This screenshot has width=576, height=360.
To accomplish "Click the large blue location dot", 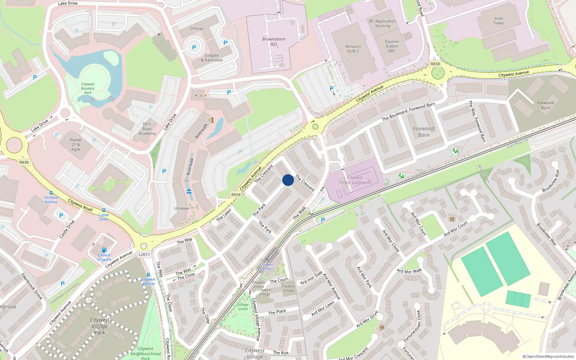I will point(288,180).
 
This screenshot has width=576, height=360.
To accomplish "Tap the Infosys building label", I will point(197,28).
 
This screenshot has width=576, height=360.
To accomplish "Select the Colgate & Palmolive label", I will point(212,58).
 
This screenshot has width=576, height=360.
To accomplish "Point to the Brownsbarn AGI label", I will point(274,41).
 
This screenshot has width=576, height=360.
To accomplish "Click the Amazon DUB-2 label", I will point(353,49).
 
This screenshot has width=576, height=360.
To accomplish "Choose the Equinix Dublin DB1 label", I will point(392,46).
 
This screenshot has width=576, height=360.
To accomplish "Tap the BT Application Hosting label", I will point(382,23).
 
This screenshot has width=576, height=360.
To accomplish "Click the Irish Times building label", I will point(499,21).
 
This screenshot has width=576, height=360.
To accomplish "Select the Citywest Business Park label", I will point(88,88).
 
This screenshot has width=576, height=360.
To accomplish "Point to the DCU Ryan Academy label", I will point(147,129).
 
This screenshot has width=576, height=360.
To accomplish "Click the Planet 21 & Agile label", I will point(76,144).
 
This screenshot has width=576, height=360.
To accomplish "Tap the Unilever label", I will point(182,208).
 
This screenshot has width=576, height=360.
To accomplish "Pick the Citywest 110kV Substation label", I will point(355,180).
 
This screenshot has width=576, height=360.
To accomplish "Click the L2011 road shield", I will point(144,255).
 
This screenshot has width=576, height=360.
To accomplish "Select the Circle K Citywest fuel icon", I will point(104,250).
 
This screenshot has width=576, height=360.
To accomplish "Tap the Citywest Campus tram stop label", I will point(267,266).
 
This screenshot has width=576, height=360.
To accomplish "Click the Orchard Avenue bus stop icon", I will point(51,193).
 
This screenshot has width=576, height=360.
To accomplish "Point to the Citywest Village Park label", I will point(100,326).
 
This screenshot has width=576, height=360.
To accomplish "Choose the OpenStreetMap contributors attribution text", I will point(548,356).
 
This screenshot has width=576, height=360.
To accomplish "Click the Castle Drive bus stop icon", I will point(104,210).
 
